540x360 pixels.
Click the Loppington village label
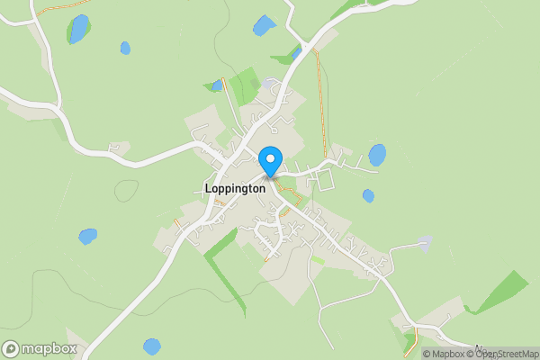[x=234, y=189]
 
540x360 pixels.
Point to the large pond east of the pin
[x=377, y=155]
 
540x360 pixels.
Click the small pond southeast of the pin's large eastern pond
[x=368, y=195]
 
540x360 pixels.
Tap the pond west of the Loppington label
[x=87, y=236]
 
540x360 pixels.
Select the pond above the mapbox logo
[x=152, y=346]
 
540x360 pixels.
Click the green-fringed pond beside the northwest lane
[x=79, y=29]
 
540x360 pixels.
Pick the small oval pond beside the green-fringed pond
[x=125, y=48]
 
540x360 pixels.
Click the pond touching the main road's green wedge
[x=296, y=55]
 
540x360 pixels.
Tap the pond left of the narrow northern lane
[x=264, y=25]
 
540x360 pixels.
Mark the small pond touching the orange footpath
[x=217, y=85]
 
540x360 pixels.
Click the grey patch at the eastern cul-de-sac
[x=425, y=242]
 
